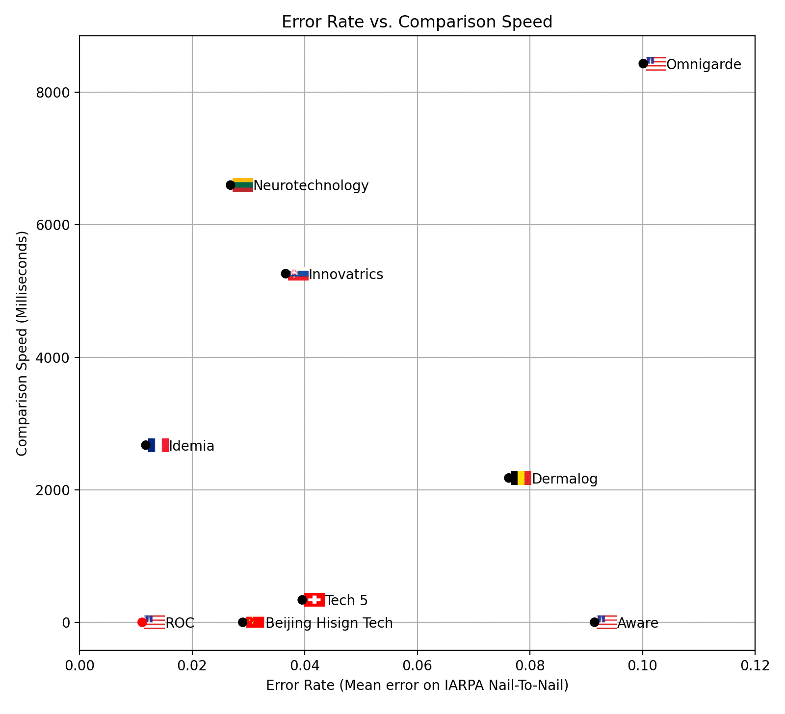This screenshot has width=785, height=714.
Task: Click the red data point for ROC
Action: pyautogui.click(x=142, y=622)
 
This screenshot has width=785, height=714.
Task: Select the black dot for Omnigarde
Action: pyautogui.click(x=643, y=63)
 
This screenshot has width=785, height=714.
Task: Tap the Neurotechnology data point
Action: pyautogui.click(x=231, y=185)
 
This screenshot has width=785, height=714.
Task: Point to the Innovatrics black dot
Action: pyautogui.click(x=286, y=273)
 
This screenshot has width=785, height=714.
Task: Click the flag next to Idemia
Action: pyautogui.click(x=158, y=445)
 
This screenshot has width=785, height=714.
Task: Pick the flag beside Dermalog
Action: pyautogui.click(x=521, y=478)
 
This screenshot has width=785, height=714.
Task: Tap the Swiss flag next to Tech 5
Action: pyautogui.click(x=314, y=600)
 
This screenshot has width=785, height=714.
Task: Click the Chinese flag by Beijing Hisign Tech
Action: pyautogui.click(x=255, y=622)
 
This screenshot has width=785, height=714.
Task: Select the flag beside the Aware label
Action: pyautogui.click(x=607, y=622)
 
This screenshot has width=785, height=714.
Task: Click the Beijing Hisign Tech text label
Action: pyautogui.click(x=329, y=623)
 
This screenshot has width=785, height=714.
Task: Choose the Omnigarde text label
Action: pyautogui.click(x=704, y=65)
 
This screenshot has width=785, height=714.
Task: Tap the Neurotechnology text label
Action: pyautogui.click(x=311, y=186)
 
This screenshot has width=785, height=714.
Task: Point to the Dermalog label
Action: pyautogui.click(x=565, y=479)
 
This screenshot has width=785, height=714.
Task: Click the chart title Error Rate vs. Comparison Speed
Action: pyautogui.click(x=417, y=22)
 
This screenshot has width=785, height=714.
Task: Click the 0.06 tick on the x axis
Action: pyautogui.click(x=417, y=666)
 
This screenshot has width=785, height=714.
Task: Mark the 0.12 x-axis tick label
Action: pyautogui.click(x=755, y=666)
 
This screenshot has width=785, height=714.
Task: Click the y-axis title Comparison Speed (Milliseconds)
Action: pyautogui.click(x=22, y=343)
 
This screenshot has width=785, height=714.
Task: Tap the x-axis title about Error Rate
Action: pyautogui.click(x=417, y=686)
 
